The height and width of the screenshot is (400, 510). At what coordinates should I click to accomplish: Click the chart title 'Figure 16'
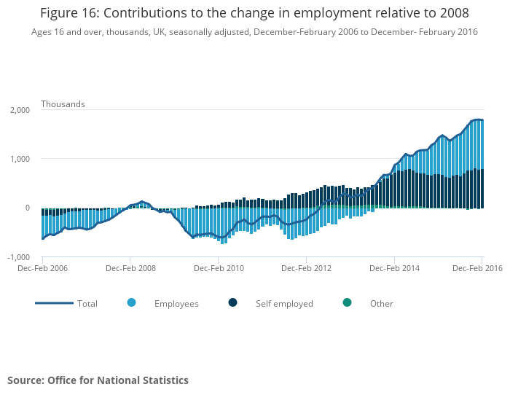254,13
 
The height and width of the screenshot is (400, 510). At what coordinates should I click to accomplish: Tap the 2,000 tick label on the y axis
19,110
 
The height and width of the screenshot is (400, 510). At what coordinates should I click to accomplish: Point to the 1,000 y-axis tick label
19,159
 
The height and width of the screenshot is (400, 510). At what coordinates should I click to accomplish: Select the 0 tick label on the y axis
26,208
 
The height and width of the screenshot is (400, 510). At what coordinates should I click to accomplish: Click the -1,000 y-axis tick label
17,257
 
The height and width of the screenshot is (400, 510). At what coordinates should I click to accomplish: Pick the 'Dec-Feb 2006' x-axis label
43,268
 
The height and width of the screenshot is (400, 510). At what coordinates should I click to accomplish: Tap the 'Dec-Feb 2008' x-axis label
130,268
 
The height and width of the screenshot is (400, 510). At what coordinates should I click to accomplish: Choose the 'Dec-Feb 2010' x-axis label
219,268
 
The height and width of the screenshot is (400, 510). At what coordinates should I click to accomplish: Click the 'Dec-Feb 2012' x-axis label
306,268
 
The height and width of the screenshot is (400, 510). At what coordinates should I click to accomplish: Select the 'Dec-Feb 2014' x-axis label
394,268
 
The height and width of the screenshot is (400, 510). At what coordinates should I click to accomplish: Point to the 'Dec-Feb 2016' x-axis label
477,268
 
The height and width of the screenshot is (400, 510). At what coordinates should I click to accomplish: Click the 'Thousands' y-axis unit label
63,104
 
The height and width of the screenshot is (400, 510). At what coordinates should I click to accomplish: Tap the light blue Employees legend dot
131,302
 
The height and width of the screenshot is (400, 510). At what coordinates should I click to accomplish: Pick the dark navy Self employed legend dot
232,302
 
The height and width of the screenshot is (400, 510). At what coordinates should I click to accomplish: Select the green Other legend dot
347,302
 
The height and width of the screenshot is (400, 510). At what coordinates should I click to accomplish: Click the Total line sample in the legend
55,303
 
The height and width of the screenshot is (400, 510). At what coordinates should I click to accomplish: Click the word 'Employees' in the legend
176,304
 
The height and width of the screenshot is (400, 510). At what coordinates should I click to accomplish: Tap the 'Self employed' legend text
284,304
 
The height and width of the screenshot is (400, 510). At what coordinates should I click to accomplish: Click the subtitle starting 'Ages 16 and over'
254,32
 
